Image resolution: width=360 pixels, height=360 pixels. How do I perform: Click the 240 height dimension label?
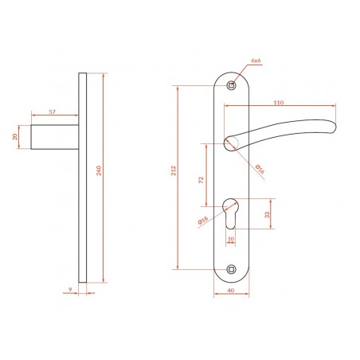[x=99, y=170]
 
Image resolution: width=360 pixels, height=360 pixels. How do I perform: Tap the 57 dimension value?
[x=53, y=112]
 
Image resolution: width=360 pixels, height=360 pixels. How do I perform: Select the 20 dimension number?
[x=15, y=137]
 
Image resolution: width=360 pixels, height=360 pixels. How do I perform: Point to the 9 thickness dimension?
[x=70, y=289]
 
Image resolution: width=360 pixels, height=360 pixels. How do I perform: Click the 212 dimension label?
[x=174, y=170]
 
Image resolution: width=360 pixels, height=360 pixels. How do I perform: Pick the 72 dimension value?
[x=201, y=180]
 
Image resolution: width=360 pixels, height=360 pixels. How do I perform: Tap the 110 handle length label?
[x=279, y=103]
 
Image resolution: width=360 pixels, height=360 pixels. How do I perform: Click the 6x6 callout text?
[x=256, y=61]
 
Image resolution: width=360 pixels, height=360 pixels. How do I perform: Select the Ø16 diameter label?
[x=260, y=169]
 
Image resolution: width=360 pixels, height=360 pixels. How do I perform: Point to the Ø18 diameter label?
[x=203, y=221]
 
